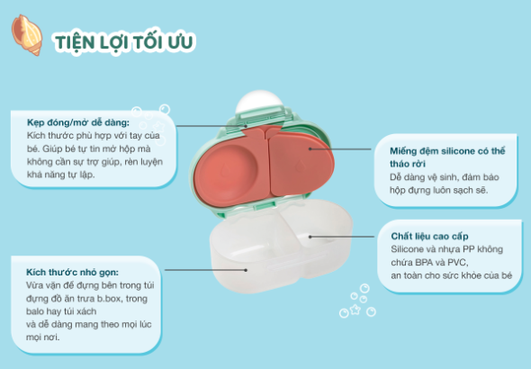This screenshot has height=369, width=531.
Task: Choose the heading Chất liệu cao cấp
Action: pos(423,234)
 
